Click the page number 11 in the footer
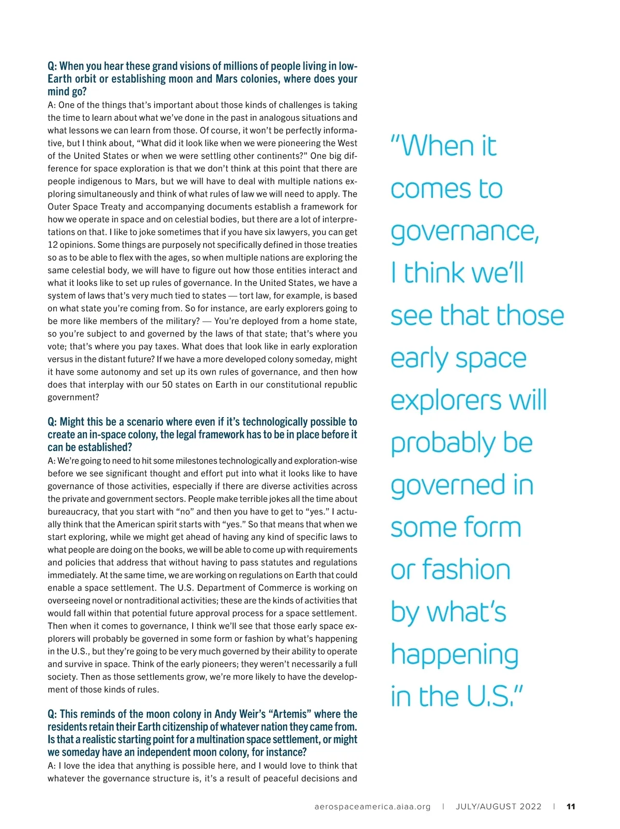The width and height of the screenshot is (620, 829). point(570,806)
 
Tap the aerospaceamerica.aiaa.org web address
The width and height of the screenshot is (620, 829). point(372,806)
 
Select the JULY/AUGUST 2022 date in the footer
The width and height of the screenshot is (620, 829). point(499,806)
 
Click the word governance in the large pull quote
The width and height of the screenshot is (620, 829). point(464,231)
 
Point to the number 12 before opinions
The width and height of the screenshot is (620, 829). point(52,245)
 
